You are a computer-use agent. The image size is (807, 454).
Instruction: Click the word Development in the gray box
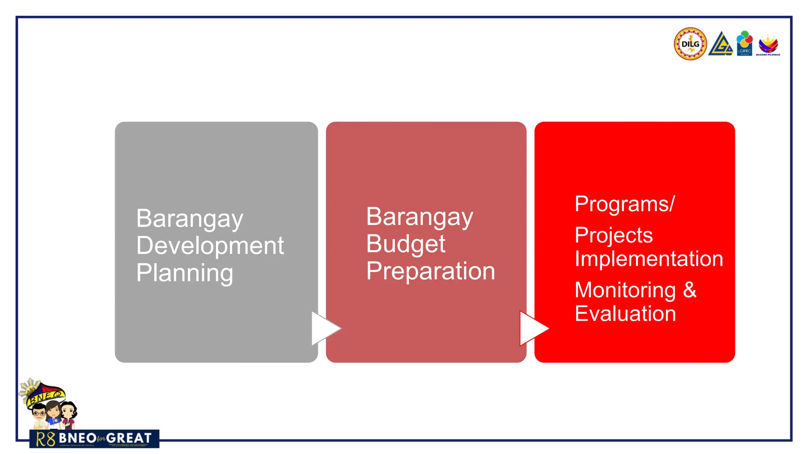click(x=210, y=246)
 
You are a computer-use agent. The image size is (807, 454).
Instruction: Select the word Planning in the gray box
click(x=184, y=273)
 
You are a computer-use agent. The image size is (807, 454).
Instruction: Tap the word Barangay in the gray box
click(x=190, y=219)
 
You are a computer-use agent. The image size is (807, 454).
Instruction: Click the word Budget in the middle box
click(x=405, y=244)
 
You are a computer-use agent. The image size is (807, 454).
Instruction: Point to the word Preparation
click(x=430, y=271)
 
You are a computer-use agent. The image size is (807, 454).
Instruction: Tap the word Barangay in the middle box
click(x=419, y=217)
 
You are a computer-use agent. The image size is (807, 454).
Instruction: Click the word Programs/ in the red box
click(x=625, y=204)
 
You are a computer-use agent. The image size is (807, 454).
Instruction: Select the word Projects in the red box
click(x=614, y=235)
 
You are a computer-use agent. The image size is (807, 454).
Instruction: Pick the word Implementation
click(x=649, y=259)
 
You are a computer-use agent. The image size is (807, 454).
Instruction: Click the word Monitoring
click(x=625, y=290)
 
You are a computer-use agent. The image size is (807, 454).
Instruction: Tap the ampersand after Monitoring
click(x=690, y=290)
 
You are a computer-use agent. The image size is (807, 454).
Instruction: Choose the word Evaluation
click(x=625, y=314)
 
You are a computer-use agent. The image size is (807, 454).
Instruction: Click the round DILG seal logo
click(x=690, y=44)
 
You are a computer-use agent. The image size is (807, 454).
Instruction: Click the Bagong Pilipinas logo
click(x=768, y=45)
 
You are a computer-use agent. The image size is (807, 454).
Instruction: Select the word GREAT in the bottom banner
click(x=128, y=438)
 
